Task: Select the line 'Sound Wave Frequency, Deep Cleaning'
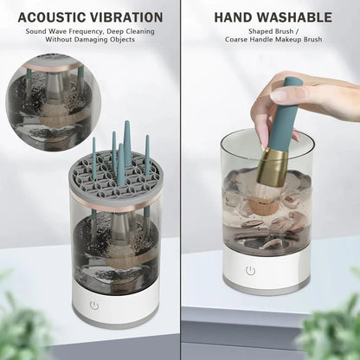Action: [x=89, y=32]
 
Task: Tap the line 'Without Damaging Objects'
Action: [x=89, y=41]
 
